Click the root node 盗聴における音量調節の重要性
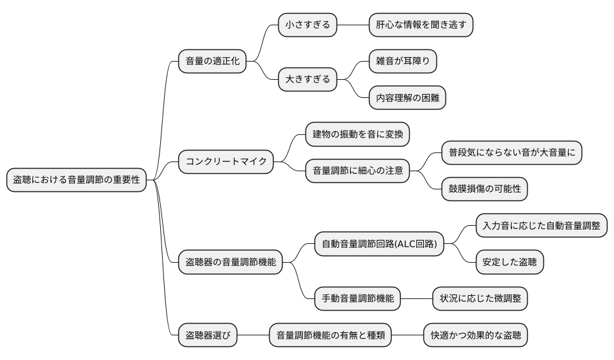pyautogui.click(x=77, y=180)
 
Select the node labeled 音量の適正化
pyautogui.click(x=212, y=62)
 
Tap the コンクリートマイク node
pyautogui.click(x=226, y=162)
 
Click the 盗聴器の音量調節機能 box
pyautogui.click(x=230, y=262)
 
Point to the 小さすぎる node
pyautogui.click(x=307, y=25)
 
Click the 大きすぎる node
pyautogui.click(x=307, y=80)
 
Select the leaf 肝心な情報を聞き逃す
pyautogui.click(x=420, y=25)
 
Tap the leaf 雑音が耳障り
pyautogui.click(x=403, y=62)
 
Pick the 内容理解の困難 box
pyautogui.click(x=407, y=99)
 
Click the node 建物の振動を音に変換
pyautogui.click(x=357, y=134)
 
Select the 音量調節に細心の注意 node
pyautogui.click(x=357, y=171)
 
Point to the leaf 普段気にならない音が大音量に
pyautogui.click(x=511, y=152)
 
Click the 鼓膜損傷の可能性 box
pyautogui.click(x=484, y=189)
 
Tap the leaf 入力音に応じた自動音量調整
pyautogui.click(x=541, y=225)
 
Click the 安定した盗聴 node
pyautogui.click(x=509, y=262)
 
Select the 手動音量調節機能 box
pyautogui.click(x=357, y=299)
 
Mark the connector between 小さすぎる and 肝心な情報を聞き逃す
pyautogui.click(x=353, y=25)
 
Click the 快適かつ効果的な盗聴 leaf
pyautogui.click(x=475, y=336)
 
